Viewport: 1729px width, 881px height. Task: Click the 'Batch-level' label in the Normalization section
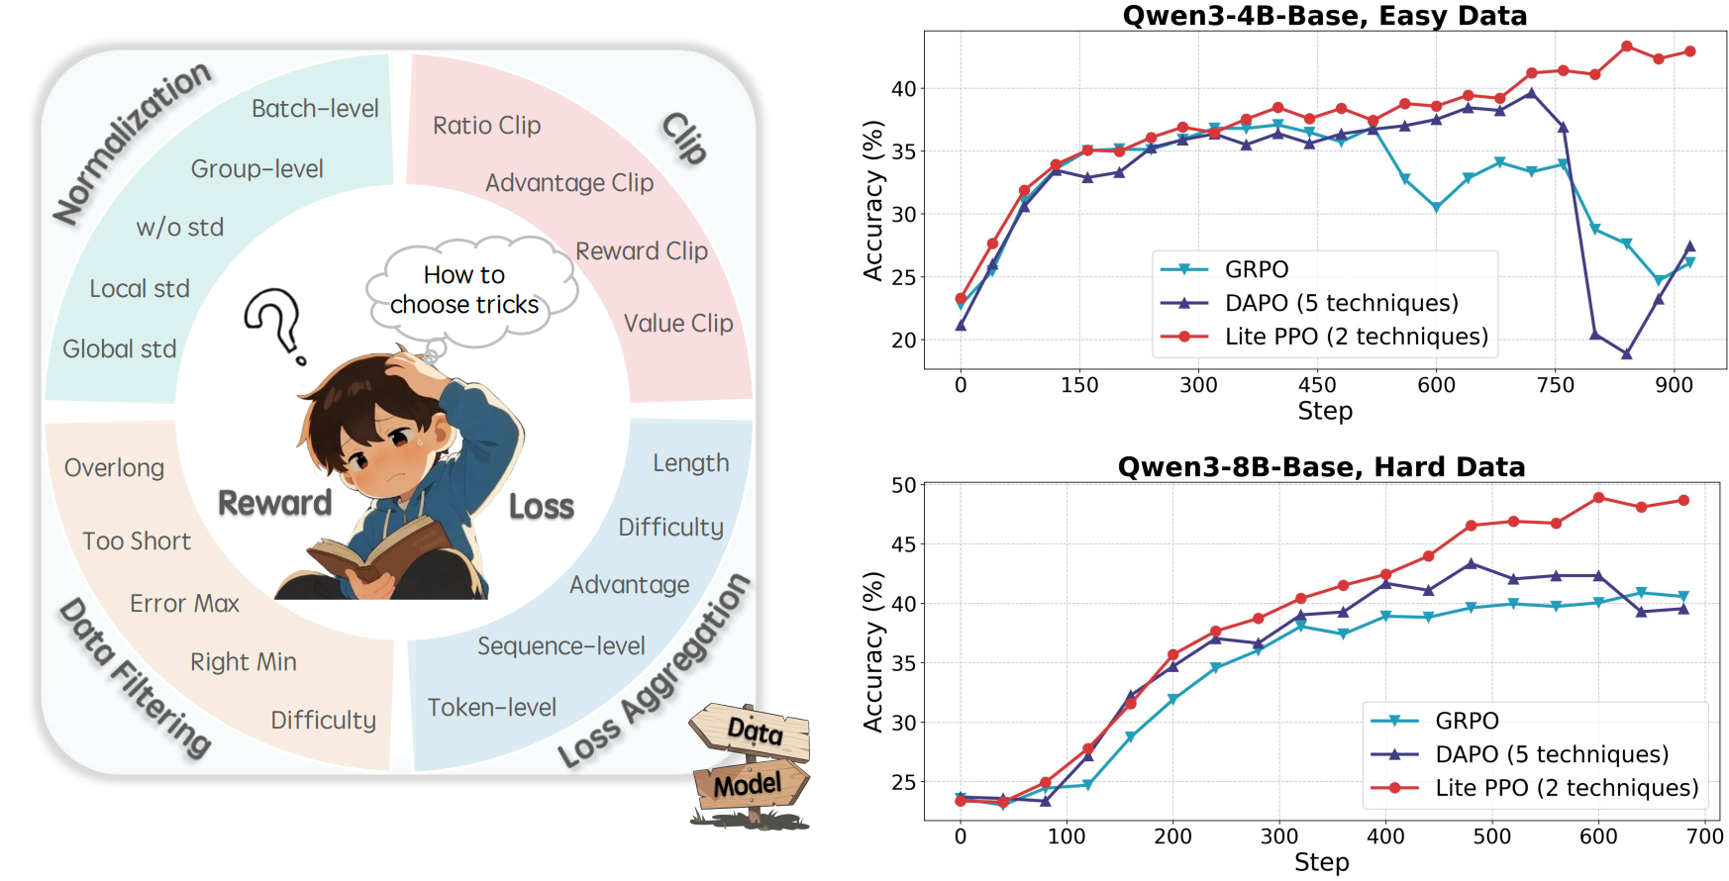coord(315,108)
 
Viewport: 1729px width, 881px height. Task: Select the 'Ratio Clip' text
coord(486,126)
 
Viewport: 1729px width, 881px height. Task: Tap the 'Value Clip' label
coord(678,324)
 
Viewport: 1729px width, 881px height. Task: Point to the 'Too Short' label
coord(137,541)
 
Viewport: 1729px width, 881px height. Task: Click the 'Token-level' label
coord(492,708)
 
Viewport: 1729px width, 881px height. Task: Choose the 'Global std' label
coord(120,349)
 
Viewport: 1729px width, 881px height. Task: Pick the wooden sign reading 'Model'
coord(751,785)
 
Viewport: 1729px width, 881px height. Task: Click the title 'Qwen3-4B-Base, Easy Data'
coord(1325,16)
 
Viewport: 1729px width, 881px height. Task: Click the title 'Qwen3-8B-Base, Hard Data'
coord(1321,467)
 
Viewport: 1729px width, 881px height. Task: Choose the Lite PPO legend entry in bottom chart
coord(1535,788)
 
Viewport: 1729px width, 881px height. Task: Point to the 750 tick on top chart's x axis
coord(1556,385)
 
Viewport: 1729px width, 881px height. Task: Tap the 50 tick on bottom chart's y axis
coord(904,485)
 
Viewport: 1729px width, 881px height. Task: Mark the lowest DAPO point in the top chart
coord(1626,353)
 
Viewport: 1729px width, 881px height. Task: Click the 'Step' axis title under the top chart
coord(1325,411)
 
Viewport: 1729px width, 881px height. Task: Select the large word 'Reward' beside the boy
coord(275,503)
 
